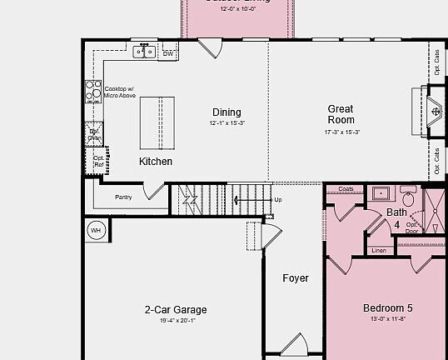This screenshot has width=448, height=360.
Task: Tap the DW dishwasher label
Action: tap(168, 54)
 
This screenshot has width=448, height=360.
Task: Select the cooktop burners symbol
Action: tap(92, 91)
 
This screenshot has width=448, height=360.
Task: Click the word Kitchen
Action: tap(156, 161)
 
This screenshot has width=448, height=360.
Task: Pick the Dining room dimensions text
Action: tap(226, 123)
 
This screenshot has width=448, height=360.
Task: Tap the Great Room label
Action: tap(340, 114)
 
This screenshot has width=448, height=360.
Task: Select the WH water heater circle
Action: tap(96, 230)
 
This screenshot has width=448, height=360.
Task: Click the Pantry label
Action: tap(123, 197)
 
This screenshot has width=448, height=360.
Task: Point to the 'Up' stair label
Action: tap(278, 200)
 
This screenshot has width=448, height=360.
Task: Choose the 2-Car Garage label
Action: tap(176, 310)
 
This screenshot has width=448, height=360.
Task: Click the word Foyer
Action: tap(295, 278)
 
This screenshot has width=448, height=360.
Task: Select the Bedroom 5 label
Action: tap(387, 307)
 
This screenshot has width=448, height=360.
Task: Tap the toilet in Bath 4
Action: tap(409, 200)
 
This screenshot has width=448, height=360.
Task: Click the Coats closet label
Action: tap(346, 189)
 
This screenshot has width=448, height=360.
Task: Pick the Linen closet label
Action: tap(379, 250)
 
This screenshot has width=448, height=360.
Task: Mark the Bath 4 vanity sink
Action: tap(381, 194)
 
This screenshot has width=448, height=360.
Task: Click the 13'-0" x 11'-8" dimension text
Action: tap(387, 319)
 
